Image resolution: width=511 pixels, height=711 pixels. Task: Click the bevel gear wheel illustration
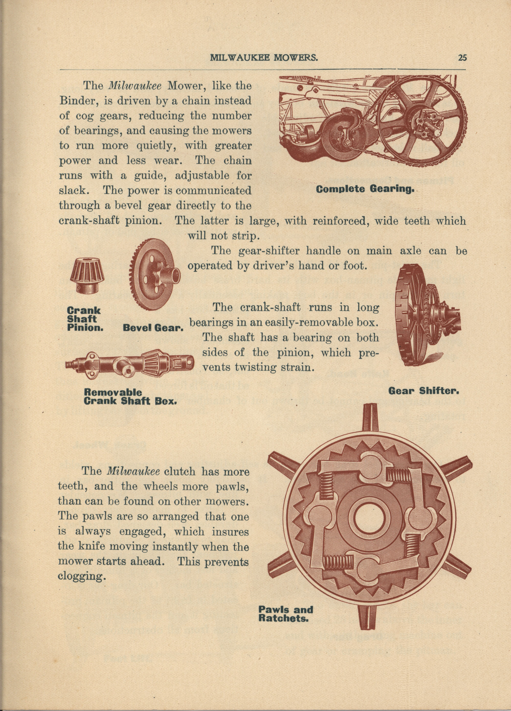pos(154,273)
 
